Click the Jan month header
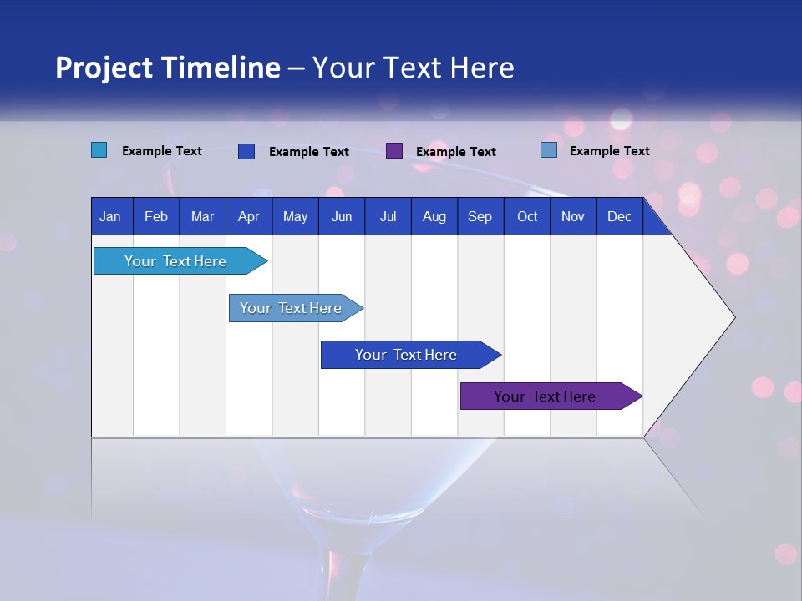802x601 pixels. point(110,216)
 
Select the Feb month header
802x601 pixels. point(156,216)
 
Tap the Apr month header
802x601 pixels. point(248,216)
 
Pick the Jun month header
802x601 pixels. point(342,216)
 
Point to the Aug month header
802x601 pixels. point(434,216)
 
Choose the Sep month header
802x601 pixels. point(480,216)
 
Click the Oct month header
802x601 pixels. point(527,216)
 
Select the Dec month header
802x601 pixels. point(619,216)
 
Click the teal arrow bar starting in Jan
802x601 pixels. point(175,261)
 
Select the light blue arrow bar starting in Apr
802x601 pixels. point(291,308)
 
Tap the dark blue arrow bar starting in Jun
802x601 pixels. point(406,355)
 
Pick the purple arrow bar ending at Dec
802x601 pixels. point(545,396)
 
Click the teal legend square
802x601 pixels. point(99,150)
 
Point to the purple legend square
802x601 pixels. point(394,150)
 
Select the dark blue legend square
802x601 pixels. point(246,151)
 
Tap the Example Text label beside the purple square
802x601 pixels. point(455,151)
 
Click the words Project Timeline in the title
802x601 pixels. point(167,68)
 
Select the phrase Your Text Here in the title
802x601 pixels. point(413,68)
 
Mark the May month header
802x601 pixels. point(295,216)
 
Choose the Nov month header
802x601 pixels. point(572,216)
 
